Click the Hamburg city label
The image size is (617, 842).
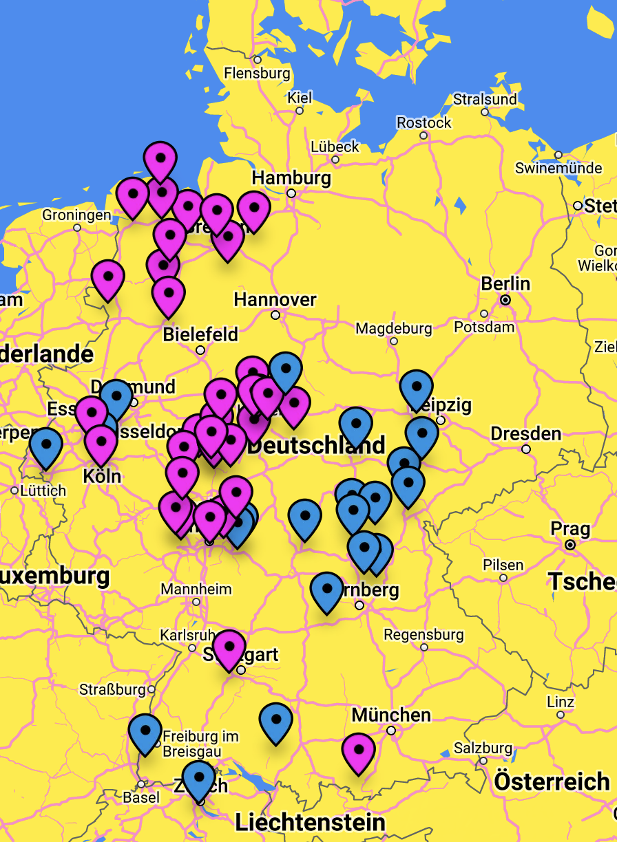click(x=291, y=178)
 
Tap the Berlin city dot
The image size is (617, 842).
click(x=505, y=300)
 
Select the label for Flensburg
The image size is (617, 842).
click(x=257, y=72)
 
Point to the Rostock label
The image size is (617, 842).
click(x=424, y=122)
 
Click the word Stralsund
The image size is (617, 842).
click(x=485, y=99)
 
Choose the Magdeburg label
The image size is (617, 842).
click(x=394, y=328)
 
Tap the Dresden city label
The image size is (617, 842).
click(x=526, y=434)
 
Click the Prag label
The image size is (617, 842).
click(x=570, y=529)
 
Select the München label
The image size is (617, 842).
click(x=391, y=715)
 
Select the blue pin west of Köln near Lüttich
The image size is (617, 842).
click(x=46, y=446)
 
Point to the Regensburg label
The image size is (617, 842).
click(x=423, y=634)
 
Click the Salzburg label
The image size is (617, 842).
click(x=483, y=748)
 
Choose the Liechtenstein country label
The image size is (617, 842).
click(x=310, y=822)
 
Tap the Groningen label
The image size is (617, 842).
click(x=76, y=215)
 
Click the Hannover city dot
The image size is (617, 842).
click(x=275, y=315)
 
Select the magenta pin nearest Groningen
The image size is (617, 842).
click(x=132, y=196)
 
